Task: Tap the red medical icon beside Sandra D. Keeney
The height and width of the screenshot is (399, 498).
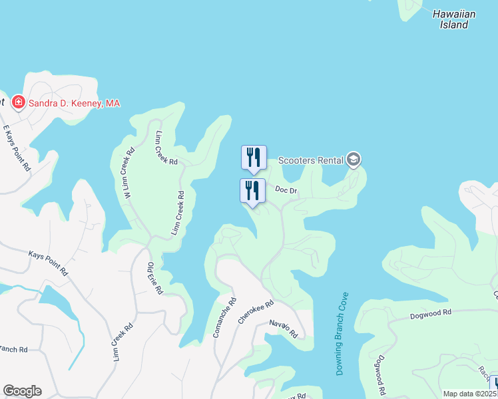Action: (19, 102)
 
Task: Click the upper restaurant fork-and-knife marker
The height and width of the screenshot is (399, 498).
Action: (253, 158)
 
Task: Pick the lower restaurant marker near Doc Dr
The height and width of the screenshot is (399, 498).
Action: (252, 191)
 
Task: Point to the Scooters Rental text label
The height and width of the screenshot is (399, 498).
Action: (310, 160)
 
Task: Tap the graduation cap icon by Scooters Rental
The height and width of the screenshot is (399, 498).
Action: (354, 159)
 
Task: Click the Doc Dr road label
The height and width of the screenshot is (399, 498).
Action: (286, 190)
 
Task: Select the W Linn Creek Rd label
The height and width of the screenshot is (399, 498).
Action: (125, 171)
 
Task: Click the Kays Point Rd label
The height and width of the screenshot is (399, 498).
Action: (48, 263)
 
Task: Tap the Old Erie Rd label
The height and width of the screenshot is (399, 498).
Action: (155, 279)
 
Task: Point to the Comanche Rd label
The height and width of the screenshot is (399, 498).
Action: (224, 318)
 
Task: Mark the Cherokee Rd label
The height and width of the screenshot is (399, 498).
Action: (256, 313)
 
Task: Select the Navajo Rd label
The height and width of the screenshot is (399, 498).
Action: (283, 329)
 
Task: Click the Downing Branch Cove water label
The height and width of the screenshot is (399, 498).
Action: (342, 334)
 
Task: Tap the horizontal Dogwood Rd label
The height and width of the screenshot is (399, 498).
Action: (431, 312)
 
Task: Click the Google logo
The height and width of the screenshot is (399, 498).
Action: (22, 391)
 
